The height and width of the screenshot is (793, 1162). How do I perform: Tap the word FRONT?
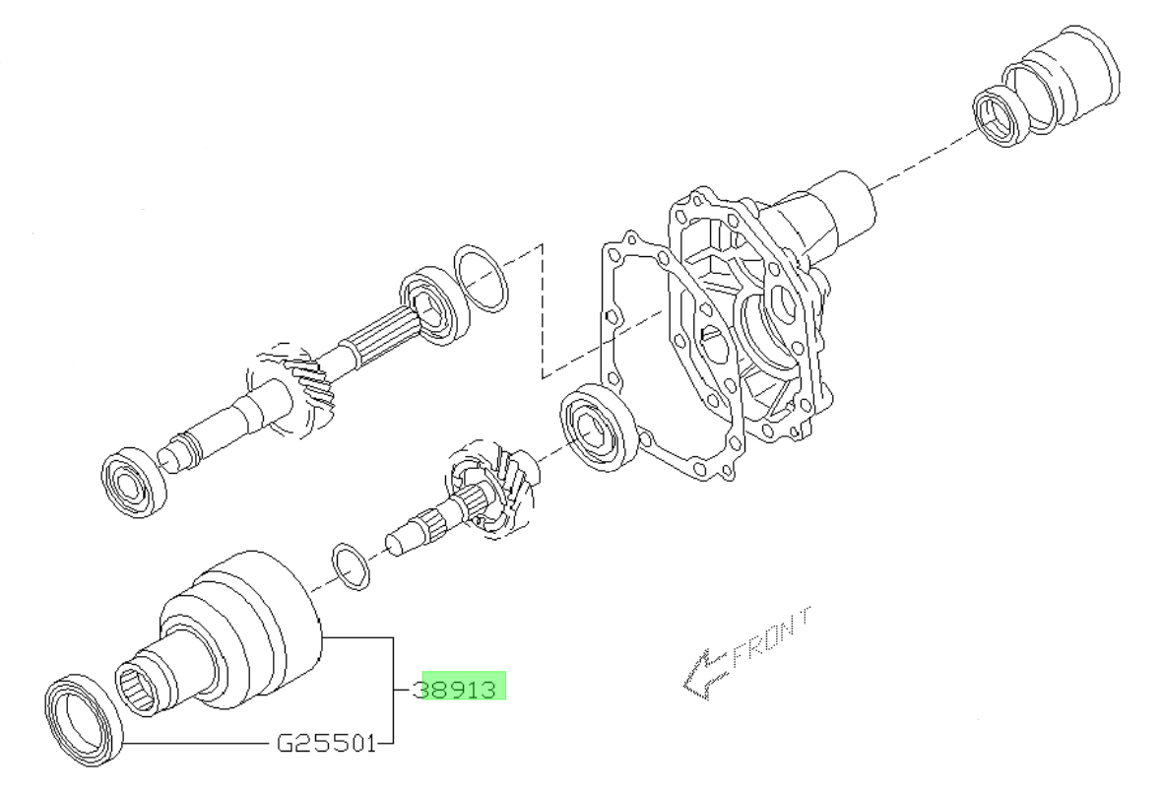pos(772,638)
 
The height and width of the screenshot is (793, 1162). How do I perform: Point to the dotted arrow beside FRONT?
pos(703,675)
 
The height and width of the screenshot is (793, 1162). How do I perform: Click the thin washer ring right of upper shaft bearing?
pos(482,278)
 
